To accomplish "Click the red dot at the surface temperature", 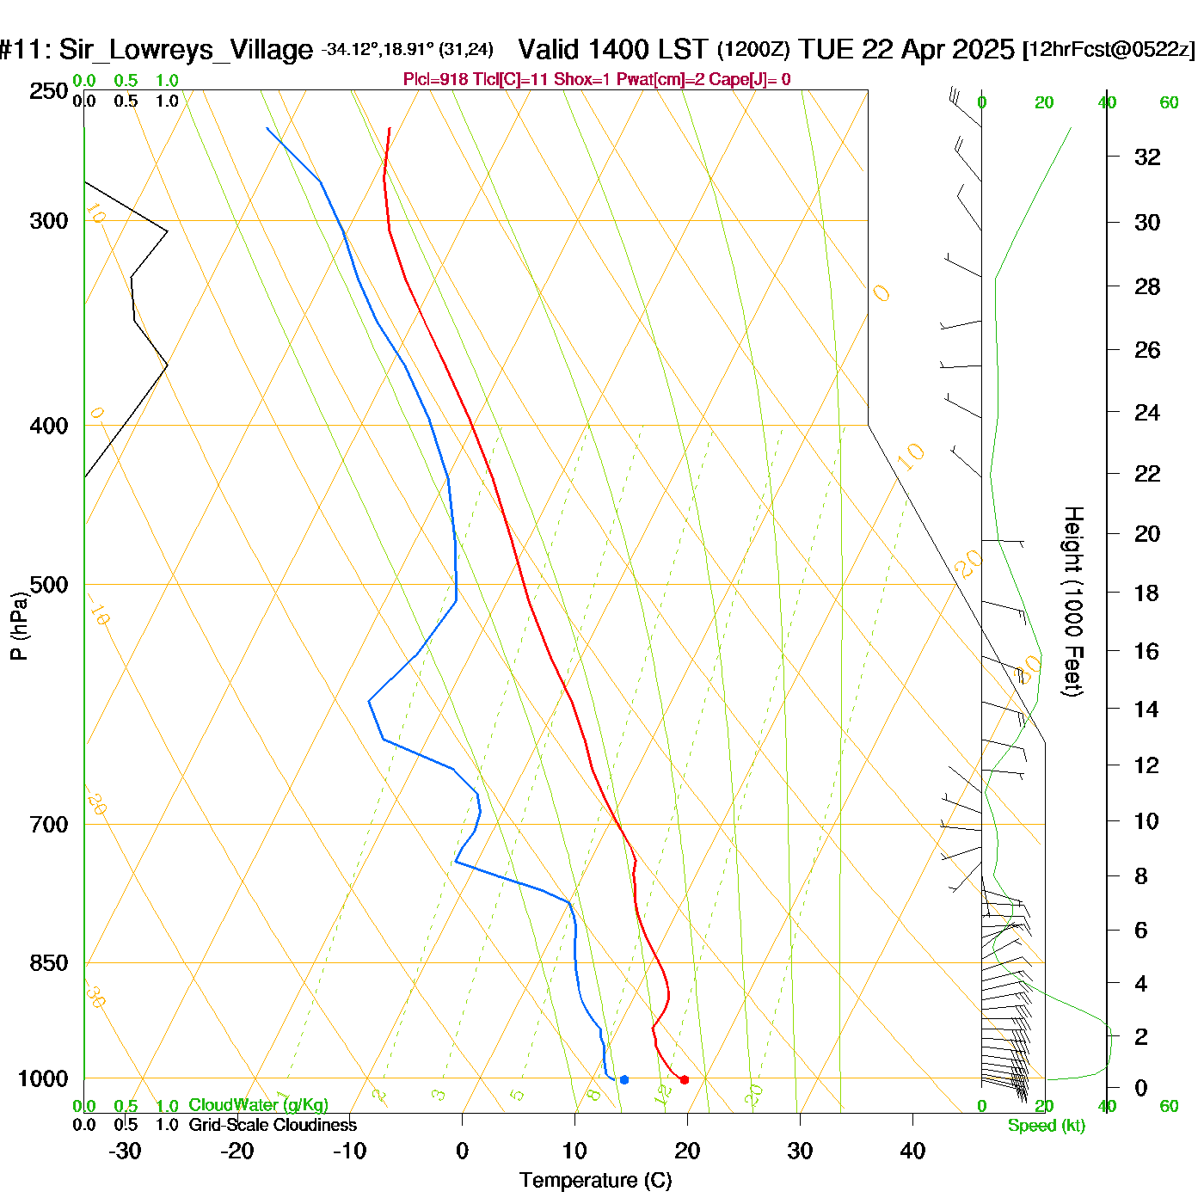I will coord(685,1079).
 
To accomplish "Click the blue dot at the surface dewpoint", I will coord(624,1079).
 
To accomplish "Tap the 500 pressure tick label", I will coord(49,585).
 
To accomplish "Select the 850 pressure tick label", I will coord(49,963).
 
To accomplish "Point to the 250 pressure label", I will coord(49,91).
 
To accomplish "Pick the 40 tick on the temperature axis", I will coord(912,1151).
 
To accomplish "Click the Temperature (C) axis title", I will coord(595,1181).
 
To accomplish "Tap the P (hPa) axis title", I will coord(19,626).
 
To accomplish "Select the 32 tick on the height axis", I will coord(1147,157).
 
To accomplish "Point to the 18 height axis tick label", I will coord(1147,593).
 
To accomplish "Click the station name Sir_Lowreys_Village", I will coord(186,50).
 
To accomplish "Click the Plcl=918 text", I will coord(436,80).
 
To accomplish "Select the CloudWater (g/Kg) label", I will coord(258,1105).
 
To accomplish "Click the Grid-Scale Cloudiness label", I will coord(273,1125).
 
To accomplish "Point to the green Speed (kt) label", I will coord(1047,1126).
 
